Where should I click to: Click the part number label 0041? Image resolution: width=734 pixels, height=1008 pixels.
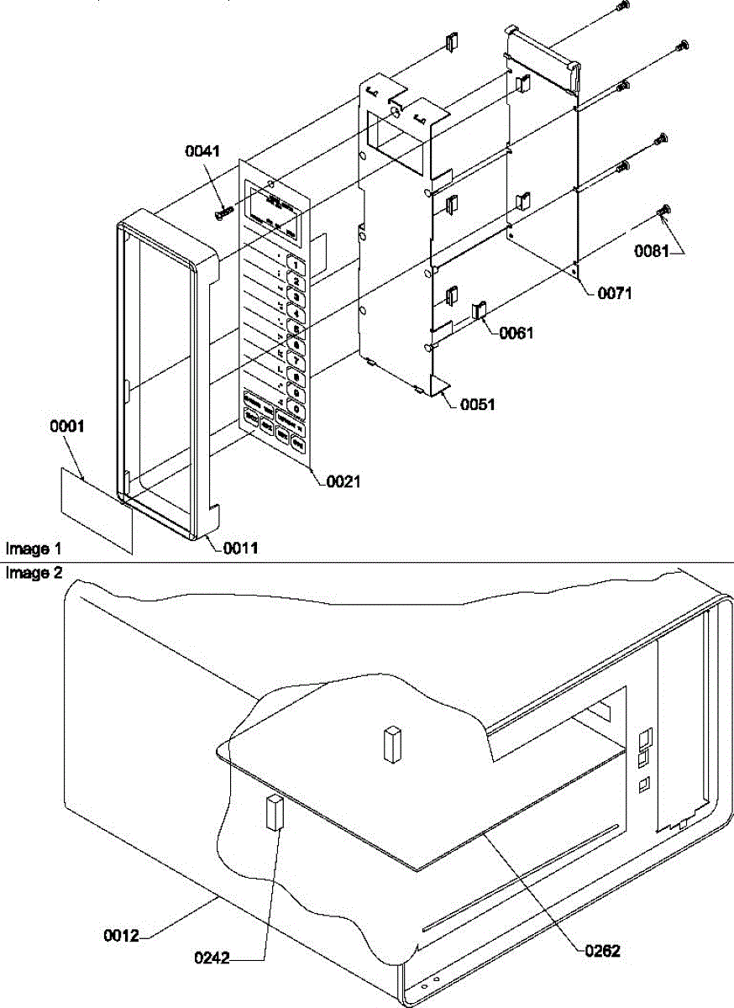click(202, 151)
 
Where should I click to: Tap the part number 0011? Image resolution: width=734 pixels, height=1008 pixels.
click(241, 549)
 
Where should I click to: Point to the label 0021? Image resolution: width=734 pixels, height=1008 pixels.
click(343, 481)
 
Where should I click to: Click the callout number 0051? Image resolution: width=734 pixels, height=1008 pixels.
click(477, 404)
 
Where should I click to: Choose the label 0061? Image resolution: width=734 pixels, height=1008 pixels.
click(516, 333)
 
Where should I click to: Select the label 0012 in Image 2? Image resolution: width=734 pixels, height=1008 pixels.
click(120, 934)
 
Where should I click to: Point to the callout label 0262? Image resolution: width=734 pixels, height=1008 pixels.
click(603, 951)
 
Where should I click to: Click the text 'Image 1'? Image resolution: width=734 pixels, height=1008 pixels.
click(34, 549)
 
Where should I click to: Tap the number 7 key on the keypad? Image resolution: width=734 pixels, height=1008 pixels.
click(295, 360)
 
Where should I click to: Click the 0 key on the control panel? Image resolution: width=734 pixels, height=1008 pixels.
click(295, 408)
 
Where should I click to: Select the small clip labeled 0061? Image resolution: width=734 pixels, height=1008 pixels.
click(480, 310)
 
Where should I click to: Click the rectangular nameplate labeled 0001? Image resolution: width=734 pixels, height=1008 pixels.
click(97, 511)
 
